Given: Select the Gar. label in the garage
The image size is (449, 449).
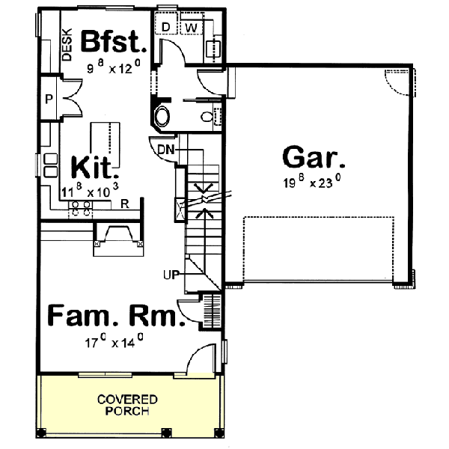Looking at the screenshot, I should pos(314,159).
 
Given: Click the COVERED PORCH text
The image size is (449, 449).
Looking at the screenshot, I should pos(126,404).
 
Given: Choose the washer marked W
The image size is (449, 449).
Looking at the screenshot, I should pos(191,28).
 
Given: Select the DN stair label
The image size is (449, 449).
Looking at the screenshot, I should pos(165,149).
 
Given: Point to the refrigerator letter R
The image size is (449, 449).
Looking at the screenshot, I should pos(126,203).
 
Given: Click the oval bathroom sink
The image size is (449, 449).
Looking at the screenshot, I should pos(162,117).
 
